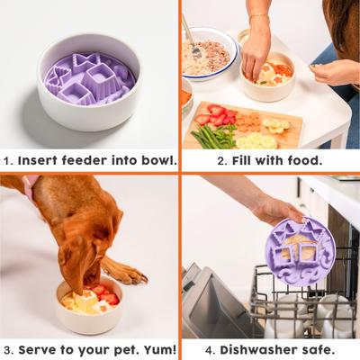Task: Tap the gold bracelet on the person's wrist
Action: pyautogui.click(x=258, y=17)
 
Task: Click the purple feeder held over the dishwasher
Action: pyautogui.click(x=300, y=250)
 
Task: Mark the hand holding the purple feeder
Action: pyautogui.click(x=274, y=211)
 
